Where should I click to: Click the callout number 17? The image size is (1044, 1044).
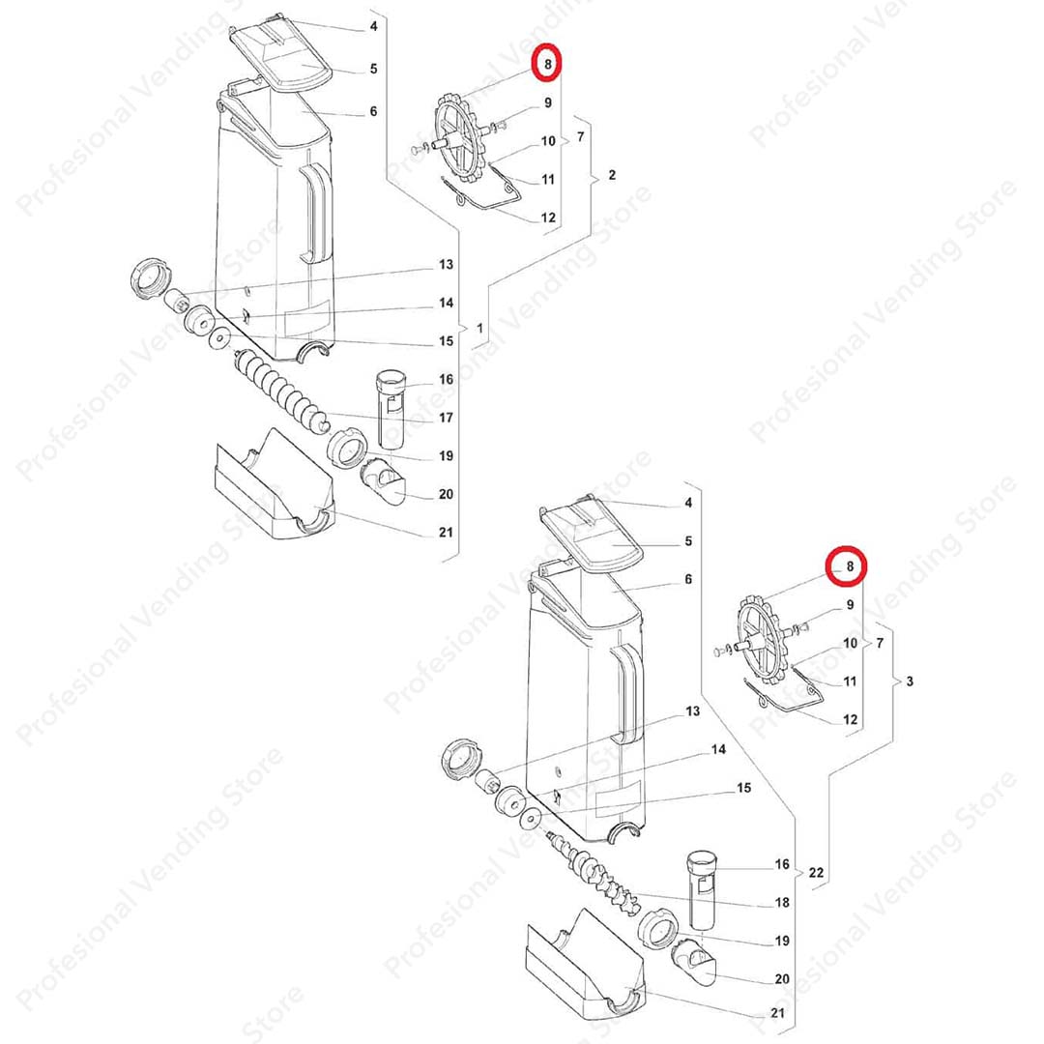point(446,418)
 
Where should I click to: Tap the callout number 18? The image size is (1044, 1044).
point(782,902)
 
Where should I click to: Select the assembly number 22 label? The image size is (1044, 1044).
point(816,872)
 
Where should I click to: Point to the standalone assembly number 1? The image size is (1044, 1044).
point(479,329)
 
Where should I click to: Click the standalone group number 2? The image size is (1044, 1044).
point(613,175)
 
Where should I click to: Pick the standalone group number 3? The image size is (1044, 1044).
point(911,681)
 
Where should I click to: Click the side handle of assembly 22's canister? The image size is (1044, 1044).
point(628,692)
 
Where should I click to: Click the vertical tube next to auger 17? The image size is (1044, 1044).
point(391,409)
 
